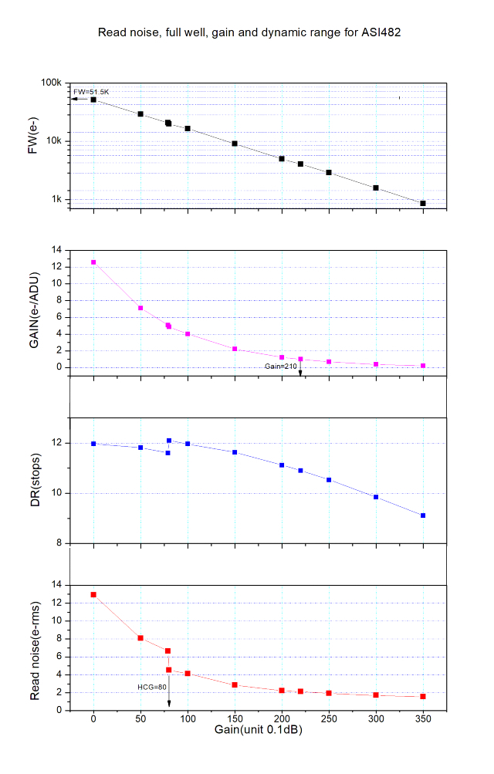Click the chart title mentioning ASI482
click(249, 33)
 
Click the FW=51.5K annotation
click(91, 92)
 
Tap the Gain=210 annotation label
click(280, 366)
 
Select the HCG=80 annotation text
click(147, 685)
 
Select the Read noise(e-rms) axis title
click(35, 647)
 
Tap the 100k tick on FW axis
click(50, 83)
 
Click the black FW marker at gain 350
click(423, 203)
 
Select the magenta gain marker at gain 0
click(93, 262)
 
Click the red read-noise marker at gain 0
click(93, 594)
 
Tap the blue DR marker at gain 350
click(423, 515)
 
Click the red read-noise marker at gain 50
click(140, 638)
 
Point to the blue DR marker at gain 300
click(376, 497)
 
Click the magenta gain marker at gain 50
click(140, 308)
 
